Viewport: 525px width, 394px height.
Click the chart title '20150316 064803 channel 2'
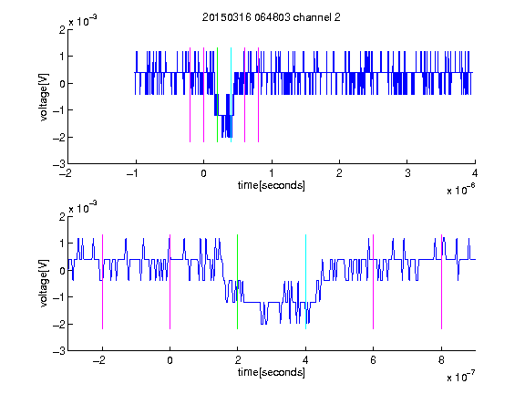272,17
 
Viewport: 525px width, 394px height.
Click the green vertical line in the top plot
217,95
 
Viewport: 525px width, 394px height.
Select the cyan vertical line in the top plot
231,95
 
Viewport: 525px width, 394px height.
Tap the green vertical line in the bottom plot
237,282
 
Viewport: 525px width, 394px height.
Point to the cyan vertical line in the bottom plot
305,282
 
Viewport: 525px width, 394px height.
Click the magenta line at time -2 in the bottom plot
102,282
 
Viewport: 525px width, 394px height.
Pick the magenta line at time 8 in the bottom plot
441,282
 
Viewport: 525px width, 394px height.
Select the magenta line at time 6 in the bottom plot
374,282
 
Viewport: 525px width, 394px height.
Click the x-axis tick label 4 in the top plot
475,173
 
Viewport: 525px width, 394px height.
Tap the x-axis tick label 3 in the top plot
407,173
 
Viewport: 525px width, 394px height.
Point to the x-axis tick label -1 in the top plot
133,173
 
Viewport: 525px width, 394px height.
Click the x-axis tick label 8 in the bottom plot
441,360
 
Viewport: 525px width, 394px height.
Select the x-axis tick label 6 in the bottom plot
374,360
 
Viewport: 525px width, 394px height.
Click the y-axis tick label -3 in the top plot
59,164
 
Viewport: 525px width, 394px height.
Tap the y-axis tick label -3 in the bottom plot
59,351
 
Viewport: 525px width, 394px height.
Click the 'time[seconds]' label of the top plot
272,185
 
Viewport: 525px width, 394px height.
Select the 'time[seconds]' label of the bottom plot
272,372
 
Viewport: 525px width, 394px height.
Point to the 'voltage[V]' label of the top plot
44,97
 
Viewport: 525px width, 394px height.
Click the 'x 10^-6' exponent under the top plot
460,190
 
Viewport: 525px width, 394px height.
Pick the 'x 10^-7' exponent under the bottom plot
460,377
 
